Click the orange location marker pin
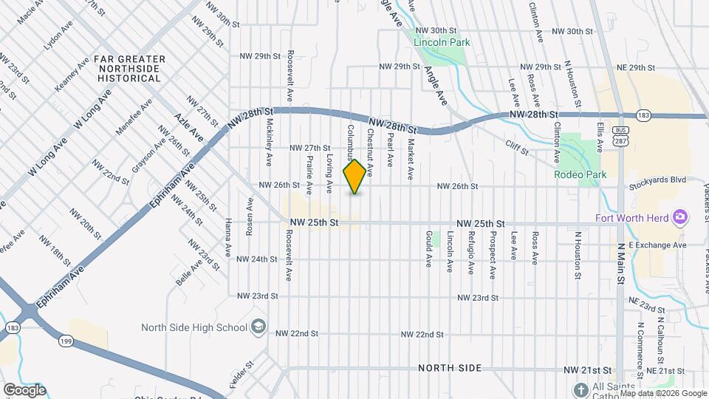[x=355, y=177]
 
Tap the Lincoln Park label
[x=442, y=42]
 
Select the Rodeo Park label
[x=580, y=174]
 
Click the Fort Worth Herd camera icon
[x=680, y=217]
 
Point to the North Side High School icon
[x=258, y=326]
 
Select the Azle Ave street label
[x=188, y=127]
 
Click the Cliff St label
[x=517, y=148]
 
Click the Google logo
[x=24, y=390]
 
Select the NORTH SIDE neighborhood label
[x=449, y=368]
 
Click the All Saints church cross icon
[x=581, y=389]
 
